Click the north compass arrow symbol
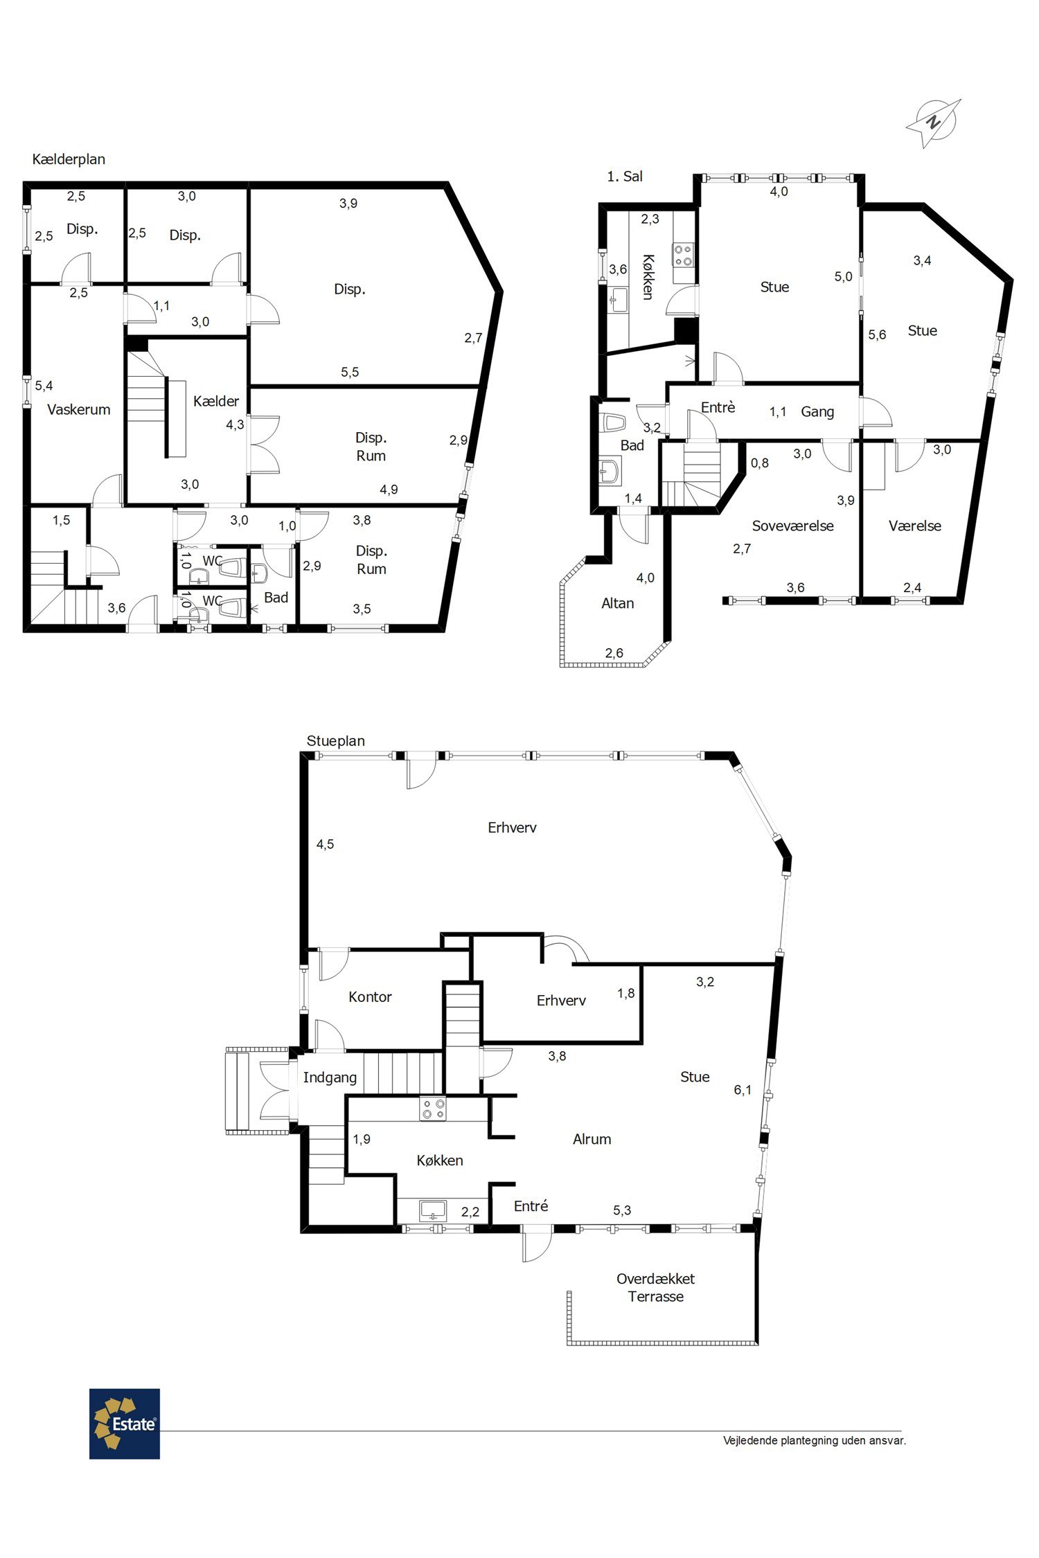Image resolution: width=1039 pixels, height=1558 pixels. (x=934, y=123)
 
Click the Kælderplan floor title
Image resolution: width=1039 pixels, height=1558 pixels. (x=69, y=159)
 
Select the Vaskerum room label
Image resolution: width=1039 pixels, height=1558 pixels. (x=79, y=409)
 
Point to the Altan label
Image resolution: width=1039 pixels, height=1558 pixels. (x=618, y=603)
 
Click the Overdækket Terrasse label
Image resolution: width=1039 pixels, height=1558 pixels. (x=656, y=1287)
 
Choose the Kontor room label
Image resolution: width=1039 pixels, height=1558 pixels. (x=370, y=996)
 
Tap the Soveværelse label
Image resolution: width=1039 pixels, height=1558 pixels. (x=793, y=526)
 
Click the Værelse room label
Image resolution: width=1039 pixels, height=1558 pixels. (x=915, y=526)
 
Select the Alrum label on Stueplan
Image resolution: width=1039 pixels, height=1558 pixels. (x=592, y=1139)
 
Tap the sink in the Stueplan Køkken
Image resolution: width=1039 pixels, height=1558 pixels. (x=434, y=1210)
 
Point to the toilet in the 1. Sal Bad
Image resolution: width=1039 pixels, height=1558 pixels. (x=614, y=422)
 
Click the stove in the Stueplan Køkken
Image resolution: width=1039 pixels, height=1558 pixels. (x=433, y=1109)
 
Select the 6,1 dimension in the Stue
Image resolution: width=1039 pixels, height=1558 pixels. (x=743, y=1090)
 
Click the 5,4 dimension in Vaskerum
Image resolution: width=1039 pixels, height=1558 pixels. (x=44, y=386)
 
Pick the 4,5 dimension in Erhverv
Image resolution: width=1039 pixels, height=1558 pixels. (x=325, y=844)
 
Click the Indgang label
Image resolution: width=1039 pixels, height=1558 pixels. (x=330, y=1077)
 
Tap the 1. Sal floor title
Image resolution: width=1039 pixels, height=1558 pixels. (x=625, y=177)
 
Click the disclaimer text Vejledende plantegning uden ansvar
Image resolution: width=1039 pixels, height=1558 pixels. (x=815, y=1441)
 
